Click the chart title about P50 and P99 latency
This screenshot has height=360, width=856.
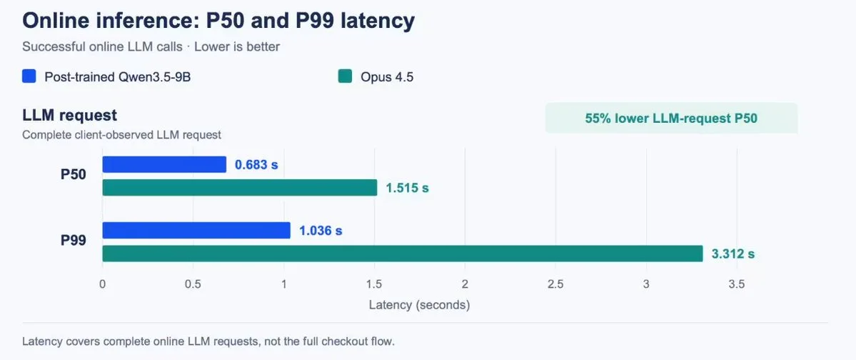coord(218,21)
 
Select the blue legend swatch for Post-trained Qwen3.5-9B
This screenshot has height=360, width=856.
coord(29,76)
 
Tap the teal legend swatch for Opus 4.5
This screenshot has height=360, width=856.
coord(345,76)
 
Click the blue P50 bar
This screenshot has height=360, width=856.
coord(164,164)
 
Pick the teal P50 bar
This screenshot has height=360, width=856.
coord(240,188)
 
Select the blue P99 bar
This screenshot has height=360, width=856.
coord(196,231)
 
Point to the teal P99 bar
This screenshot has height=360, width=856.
coord(403,254)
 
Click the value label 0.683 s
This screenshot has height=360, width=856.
coord(256,164)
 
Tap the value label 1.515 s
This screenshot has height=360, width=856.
coord(407,188)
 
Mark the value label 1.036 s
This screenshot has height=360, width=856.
coord(321,231)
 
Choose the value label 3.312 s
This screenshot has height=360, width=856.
coord(733,254)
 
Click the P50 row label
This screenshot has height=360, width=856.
coord(73,175)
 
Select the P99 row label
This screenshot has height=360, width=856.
coord(73,241)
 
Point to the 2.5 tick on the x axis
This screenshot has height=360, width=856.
coord(555,284)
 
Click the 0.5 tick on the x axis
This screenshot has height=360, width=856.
coord(193,284)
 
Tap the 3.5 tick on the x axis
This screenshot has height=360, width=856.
coord(737,284)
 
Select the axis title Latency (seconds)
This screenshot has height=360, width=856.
coord(419,305)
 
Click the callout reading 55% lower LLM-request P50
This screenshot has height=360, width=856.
coord(672,118)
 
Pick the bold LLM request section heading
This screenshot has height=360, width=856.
coord(70,116)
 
